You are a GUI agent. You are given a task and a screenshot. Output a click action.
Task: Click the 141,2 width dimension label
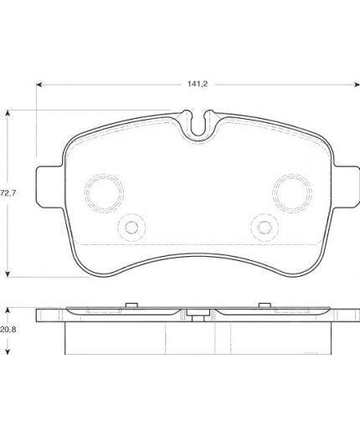point(198,84)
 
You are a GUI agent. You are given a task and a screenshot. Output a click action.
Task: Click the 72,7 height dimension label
point(8,192)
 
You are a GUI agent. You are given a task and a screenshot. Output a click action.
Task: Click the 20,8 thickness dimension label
point(8,330)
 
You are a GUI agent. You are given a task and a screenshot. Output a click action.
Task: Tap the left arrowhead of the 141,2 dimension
point(39,84)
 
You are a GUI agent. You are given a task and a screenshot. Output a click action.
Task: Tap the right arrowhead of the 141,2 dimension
point(357,84)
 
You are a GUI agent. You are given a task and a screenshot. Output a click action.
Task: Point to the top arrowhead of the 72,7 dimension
point(8,113)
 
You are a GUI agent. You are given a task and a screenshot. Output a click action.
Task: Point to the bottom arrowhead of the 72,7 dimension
point(8,274)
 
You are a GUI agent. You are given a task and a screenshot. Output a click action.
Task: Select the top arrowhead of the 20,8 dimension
point(8,311)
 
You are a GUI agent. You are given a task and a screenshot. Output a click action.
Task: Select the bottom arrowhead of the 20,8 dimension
point(8,351)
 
